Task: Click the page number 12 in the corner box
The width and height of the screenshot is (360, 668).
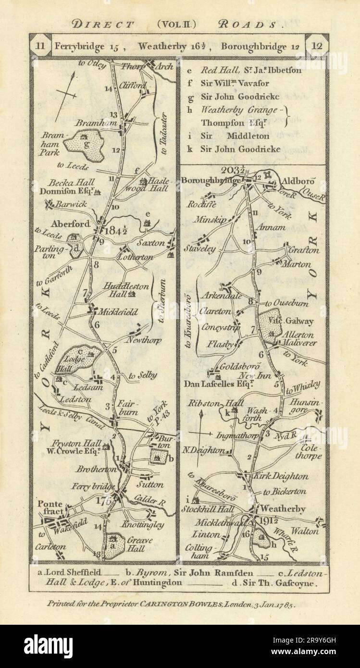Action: pyautogui.click(x=317, y=47)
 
